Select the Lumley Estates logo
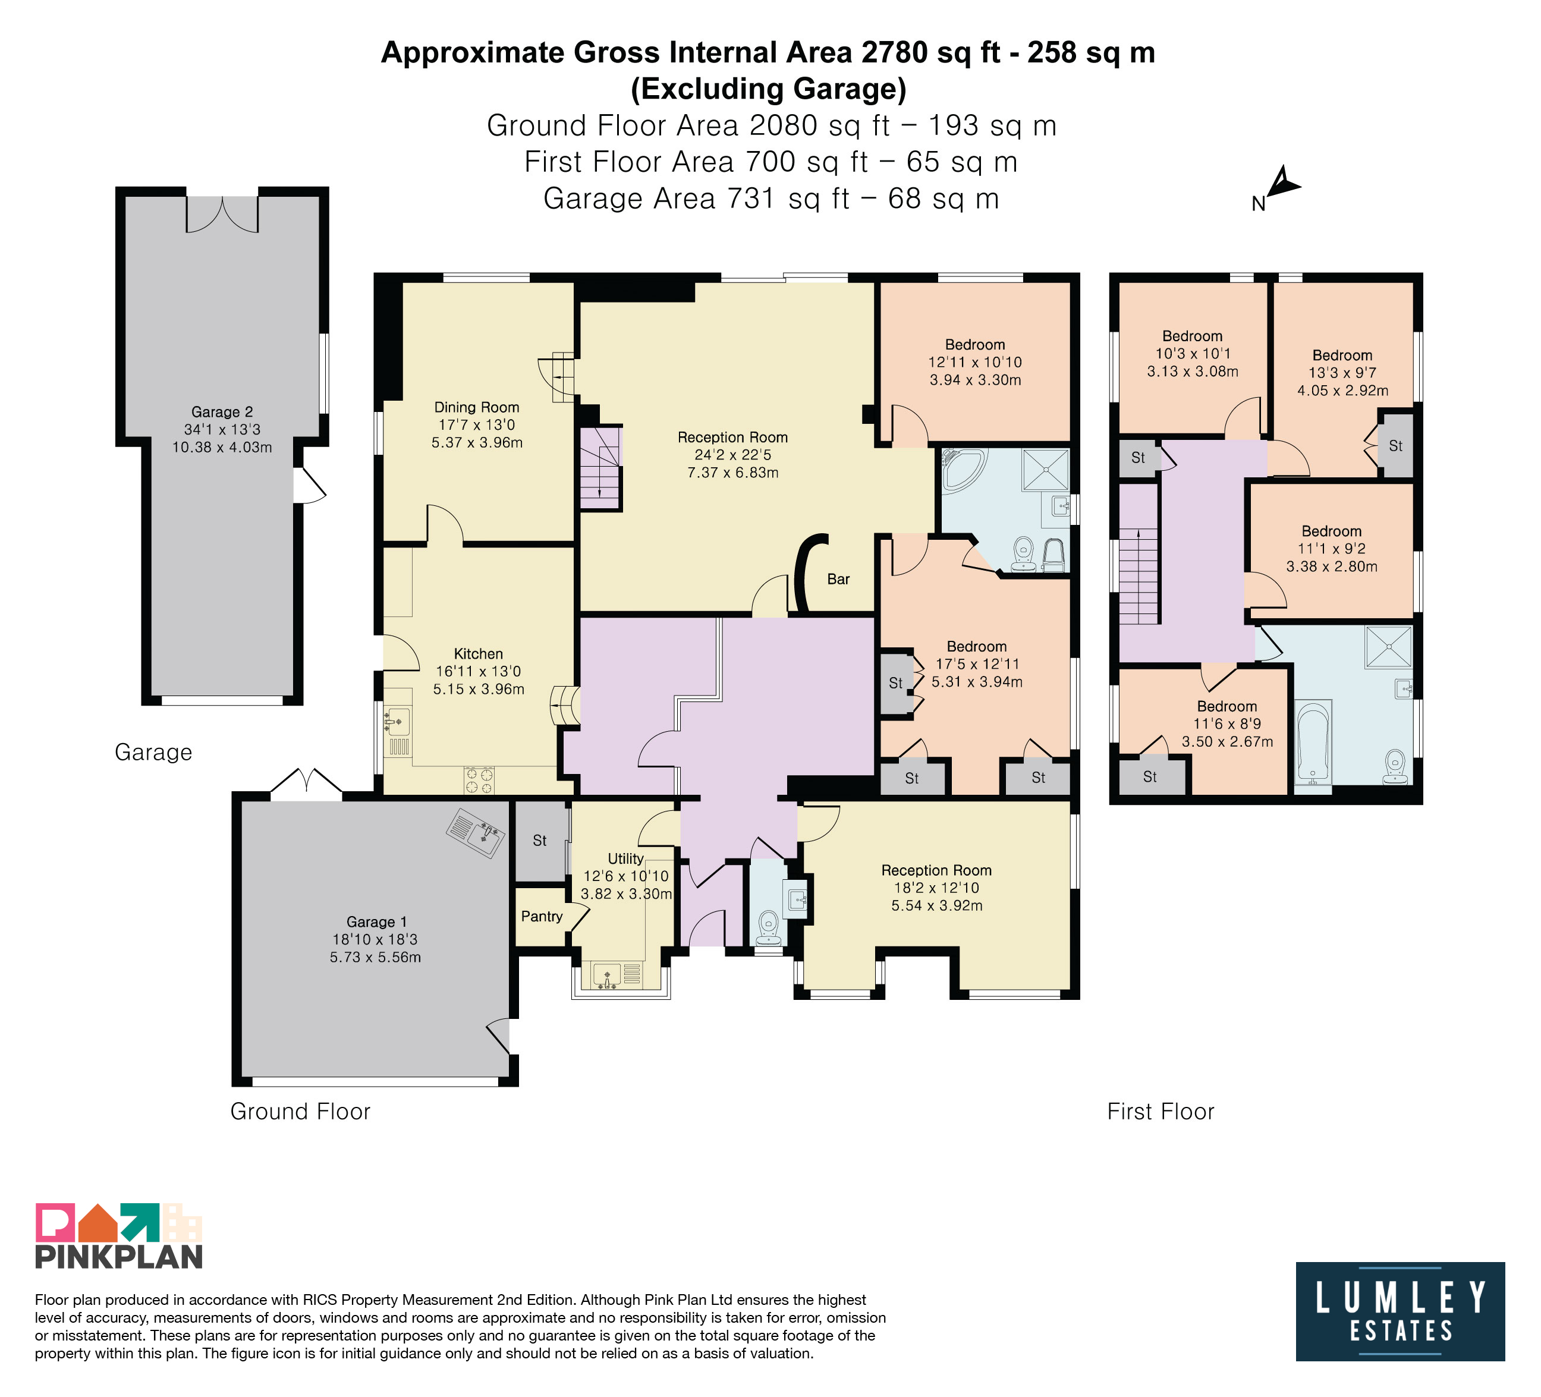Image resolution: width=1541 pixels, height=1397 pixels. point(1400,1311)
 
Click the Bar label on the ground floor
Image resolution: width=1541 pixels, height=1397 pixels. point(838,579)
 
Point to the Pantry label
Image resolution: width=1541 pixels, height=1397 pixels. point(542,916)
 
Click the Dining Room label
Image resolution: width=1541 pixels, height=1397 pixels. point(477,407)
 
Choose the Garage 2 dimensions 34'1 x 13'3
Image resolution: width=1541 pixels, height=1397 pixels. point(222,429)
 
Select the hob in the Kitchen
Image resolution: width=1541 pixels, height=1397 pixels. point(479,781)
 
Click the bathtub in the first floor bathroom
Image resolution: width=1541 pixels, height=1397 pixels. point(1314,741)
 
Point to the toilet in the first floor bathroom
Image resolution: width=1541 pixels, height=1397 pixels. point(1396,766)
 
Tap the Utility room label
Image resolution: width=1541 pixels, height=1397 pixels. point(626,858)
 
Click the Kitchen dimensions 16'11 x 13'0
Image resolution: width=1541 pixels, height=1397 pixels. point(479,672)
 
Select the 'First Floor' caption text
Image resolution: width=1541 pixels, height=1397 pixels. point(1161,1111)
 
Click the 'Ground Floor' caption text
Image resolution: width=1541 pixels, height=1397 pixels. point(300,1111)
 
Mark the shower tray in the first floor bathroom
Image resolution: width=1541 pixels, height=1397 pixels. point(1389,647)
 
